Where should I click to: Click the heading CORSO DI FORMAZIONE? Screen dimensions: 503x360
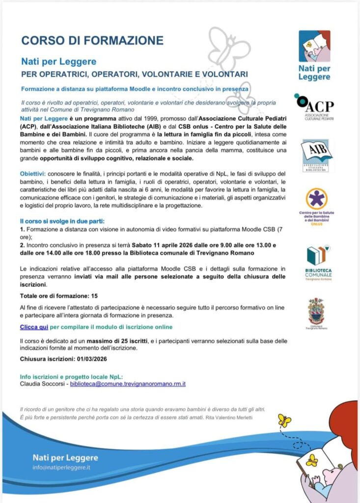92,40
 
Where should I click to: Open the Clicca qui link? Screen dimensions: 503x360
34,327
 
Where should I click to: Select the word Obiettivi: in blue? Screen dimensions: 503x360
33,174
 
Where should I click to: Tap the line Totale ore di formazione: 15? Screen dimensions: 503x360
59,295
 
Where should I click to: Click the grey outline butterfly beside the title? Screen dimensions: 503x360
228,47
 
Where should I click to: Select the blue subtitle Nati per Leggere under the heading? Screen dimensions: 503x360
58,62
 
